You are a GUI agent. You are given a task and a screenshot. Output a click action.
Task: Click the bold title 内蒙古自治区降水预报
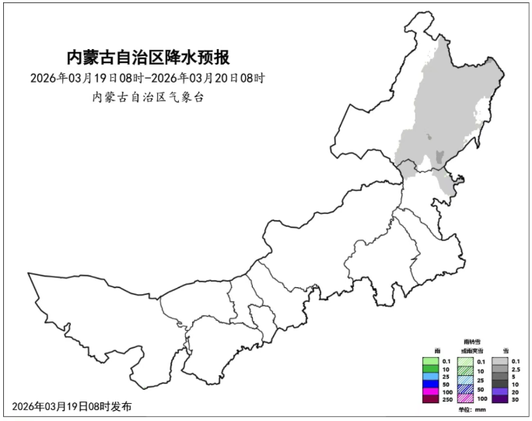(149, 58)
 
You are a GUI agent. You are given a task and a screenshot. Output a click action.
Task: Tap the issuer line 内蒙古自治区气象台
(149, 97)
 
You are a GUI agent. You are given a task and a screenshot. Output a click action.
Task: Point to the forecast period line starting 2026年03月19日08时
(149, 78)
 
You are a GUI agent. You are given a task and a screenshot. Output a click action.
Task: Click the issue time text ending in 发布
(72, 406)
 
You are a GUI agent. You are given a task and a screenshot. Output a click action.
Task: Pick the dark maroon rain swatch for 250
(431, 398)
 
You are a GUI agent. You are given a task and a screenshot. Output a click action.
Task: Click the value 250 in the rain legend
(447, 399)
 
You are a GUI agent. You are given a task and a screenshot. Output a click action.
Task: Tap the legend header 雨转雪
(472, 342)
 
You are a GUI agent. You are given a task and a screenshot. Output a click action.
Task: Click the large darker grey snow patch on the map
(441, 156)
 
